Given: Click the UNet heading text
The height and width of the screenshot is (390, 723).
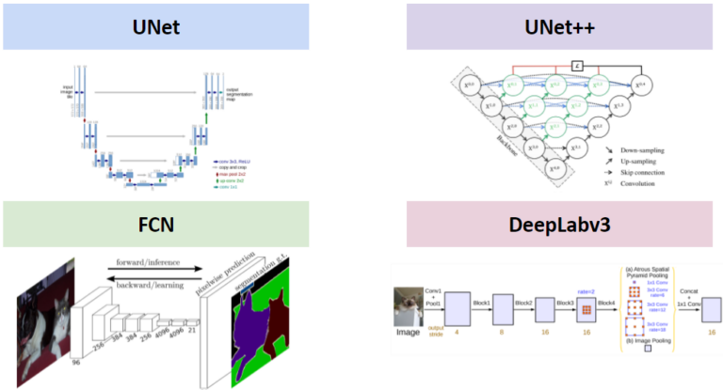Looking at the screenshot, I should [x=155, y=25].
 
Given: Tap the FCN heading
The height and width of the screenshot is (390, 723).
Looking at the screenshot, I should [x=155, y=226].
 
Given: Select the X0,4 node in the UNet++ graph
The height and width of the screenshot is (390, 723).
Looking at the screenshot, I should [x=641, y=86].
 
